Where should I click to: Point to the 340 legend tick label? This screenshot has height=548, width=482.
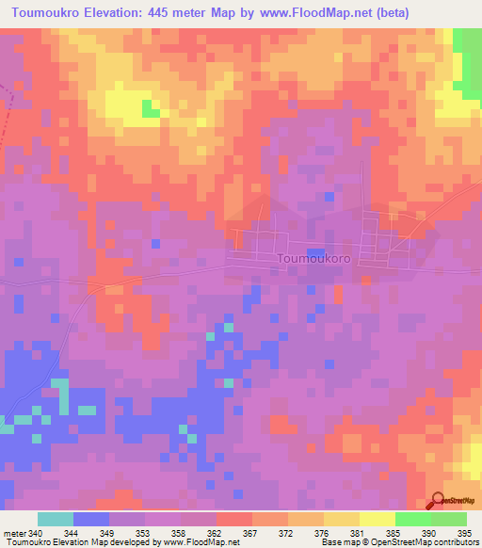[36, 533]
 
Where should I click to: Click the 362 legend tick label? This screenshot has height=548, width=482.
[217, 533]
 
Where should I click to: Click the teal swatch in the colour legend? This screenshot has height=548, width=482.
[56, 519]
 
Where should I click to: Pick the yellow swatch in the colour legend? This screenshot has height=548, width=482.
[378, 519]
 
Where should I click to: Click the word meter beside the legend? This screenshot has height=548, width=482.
[14, 533]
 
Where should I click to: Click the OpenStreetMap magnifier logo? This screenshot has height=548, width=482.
[437, 502]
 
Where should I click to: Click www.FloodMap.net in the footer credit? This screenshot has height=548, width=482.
[201, 542]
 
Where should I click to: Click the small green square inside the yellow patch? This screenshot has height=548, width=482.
[150, 109]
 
